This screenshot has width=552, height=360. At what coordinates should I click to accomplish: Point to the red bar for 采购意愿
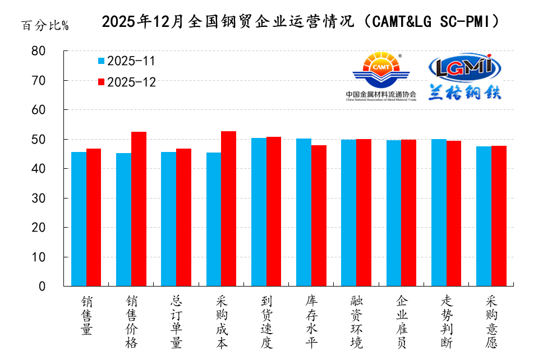tap(499, 216)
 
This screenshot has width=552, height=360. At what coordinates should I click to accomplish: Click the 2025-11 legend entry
tap(126, 61)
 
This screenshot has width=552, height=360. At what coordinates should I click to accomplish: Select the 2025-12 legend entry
tap(126, 82)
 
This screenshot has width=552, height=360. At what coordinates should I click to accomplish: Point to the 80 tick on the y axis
tap(54, 51)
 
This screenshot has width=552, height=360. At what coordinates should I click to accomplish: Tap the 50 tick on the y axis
tap(54, 139)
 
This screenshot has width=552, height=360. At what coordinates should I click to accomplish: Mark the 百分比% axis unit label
tap(45, 26)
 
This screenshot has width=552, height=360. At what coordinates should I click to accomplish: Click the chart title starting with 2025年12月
tap(300, 21)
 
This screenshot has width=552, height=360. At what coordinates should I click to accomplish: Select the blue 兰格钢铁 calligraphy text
tap(464, 93)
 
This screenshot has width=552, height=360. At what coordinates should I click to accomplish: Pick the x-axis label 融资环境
tap(356, 322)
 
